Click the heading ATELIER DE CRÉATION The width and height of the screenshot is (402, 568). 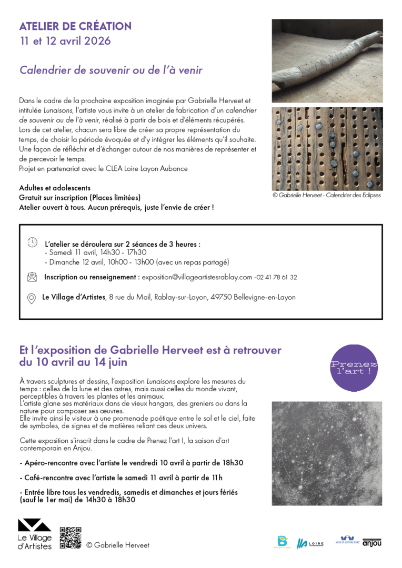(75, 26)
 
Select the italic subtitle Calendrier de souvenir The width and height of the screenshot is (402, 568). (110, 70)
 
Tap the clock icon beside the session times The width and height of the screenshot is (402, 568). (33, 242)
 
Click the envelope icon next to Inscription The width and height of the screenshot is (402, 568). (32, 277)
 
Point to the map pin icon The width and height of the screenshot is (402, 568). (31, 298)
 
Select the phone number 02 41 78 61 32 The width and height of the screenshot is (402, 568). (276, 277)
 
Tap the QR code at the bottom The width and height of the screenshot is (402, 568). (70, 537)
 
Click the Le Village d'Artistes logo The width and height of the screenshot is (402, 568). (35, 534)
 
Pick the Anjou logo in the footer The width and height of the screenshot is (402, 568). (371, 542)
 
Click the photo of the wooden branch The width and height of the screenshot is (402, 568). (327, 60)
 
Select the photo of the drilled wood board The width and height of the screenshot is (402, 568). (327, 148)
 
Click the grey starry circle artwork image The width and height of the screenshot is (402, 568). (327, 453)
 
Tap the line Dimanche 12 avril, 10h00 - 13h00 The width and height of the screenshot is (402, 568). (137, 262)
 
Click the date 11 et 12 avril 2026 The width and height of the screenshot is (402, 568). (65, 41)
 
